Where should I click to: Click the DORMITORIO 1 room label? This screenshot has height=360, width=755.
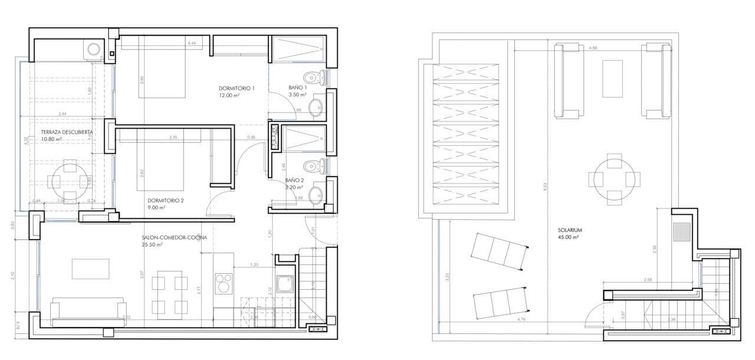[x=236, y=89]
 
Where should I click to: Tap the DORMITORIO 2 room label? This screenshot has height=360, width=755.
[x=166, y=200]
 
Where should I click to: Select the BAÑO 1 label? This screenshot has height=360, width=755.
[x=297, y=87]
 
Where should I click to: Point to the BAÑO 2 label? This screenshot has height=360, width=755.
[x=294, y=180]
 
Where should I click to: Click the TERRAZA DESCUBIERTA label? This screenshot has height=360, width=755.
[x=67, y=132]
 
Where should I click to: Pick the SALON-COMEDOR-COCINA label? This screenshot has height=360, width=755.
[x=174, y=238]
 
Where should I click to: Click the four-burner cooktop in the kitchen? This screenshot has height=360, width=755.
[x=224, y=283]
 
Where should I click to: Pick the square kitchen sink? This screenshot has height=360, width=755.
[x=284, y=284]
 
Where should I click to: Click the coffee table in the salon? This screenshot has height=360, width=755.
[x=90, y=269]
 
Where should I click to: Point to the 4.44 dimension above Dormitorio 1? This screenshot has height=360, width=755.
[x=192, y=44]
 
